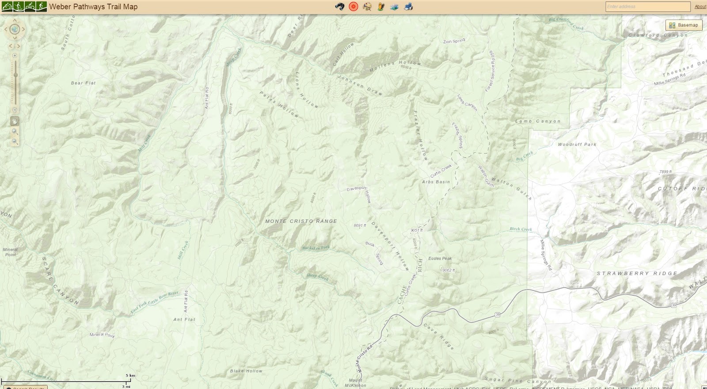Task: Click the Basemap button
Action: click(x=684, y=25)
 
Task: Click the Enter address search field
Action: click(x=647, y=7)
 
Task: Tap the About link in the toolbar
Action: click(x=700, y=7)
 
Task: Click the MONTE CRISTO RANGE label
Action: click(x=301, y=221)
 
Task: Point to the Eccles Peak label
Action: click(x=440, y=259)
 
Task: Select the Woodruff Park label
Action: click(x=577, y=145)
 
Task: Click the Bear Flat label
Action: click(x=83, y=83)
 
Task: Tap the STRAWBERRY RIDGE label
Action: click(x=637, y=274)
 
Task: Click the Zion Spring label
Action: click(x=454, y=41)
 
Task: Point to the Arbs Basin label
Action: click(x=436, y=182)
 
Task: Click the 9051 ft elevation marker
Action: click(x=416, y=230)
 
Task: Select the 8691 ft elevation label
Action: click(x=360, y=225)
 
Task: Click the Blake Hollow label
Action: click(x=246, y=371)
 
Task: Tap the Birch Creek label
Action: click(x=521, y=229)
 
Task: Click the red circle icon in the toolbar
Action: click(x=353, y=7)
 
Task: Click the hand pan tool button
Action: click(x=15, y=121)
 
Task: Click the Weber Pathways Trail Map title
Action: click(x=93, y=7)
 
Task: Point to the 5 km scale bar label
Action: click(x=130, y=375)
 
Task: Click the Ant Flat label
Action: click(x=184, y=319)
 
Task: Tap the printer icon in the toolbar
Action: click(x=408, y=7)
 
